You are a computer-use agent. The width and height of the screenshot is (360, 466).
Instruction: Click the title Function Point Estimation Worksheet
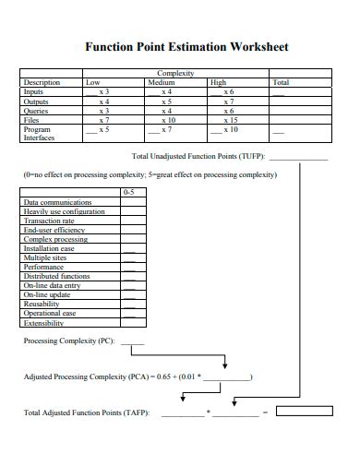pyautogui.click(x=186, y=46)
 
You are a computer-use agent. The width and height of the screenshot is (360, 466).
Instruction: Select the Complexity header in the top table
pyautogui.click(x=175, y=74)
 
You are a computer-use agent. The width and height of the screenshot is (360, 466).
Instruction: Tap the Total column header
pyautogui.click(x=281, y=82)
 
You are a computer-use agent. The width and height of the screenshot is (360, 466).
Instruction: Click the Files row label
pyautogui.click(x=32, y=120)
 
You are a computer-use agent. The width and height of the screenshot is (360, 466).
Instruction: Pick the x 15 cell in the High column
pyautogui.click(x=230, y=120)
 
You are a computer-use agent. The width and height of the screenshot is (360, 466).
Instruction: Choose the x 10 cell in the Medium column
pyautogui.click(x=167, y=120)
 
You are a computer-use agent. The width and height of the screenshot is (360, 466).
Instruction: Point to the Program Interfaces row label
pyautogui.click(x=38, y=134)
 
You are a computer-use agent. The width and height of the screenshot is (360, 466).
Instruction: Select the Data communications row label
pyautogui.click(x=57, y=202)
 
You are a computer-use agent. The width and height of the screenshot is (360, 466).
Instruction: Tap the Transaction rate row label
pyautogui.click(x=49, y=221)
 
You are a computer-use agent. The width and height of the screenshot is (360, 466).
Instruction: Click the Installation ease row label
pyautogui.click(x=49, y=249)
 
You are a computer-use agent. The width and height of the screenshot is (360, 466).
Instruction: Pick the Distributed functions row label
pyautogui.click(x=56, y=277)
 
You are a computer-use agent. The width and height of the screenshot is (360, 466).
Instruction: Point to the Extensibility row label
pyautogui.click(x=43, y=324)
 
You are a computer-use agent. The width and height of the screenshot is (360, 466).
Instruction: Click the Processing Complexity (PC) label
pyautogui.click(x=68, y=341)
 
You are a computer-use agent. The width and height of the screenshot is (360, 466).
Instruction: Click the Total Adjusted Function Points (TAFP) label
pyautogui.click(x=86, y=412)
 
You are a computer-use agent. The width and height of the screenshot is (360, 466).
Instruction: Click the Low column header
pyautogui.click(x=92, y=82)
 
